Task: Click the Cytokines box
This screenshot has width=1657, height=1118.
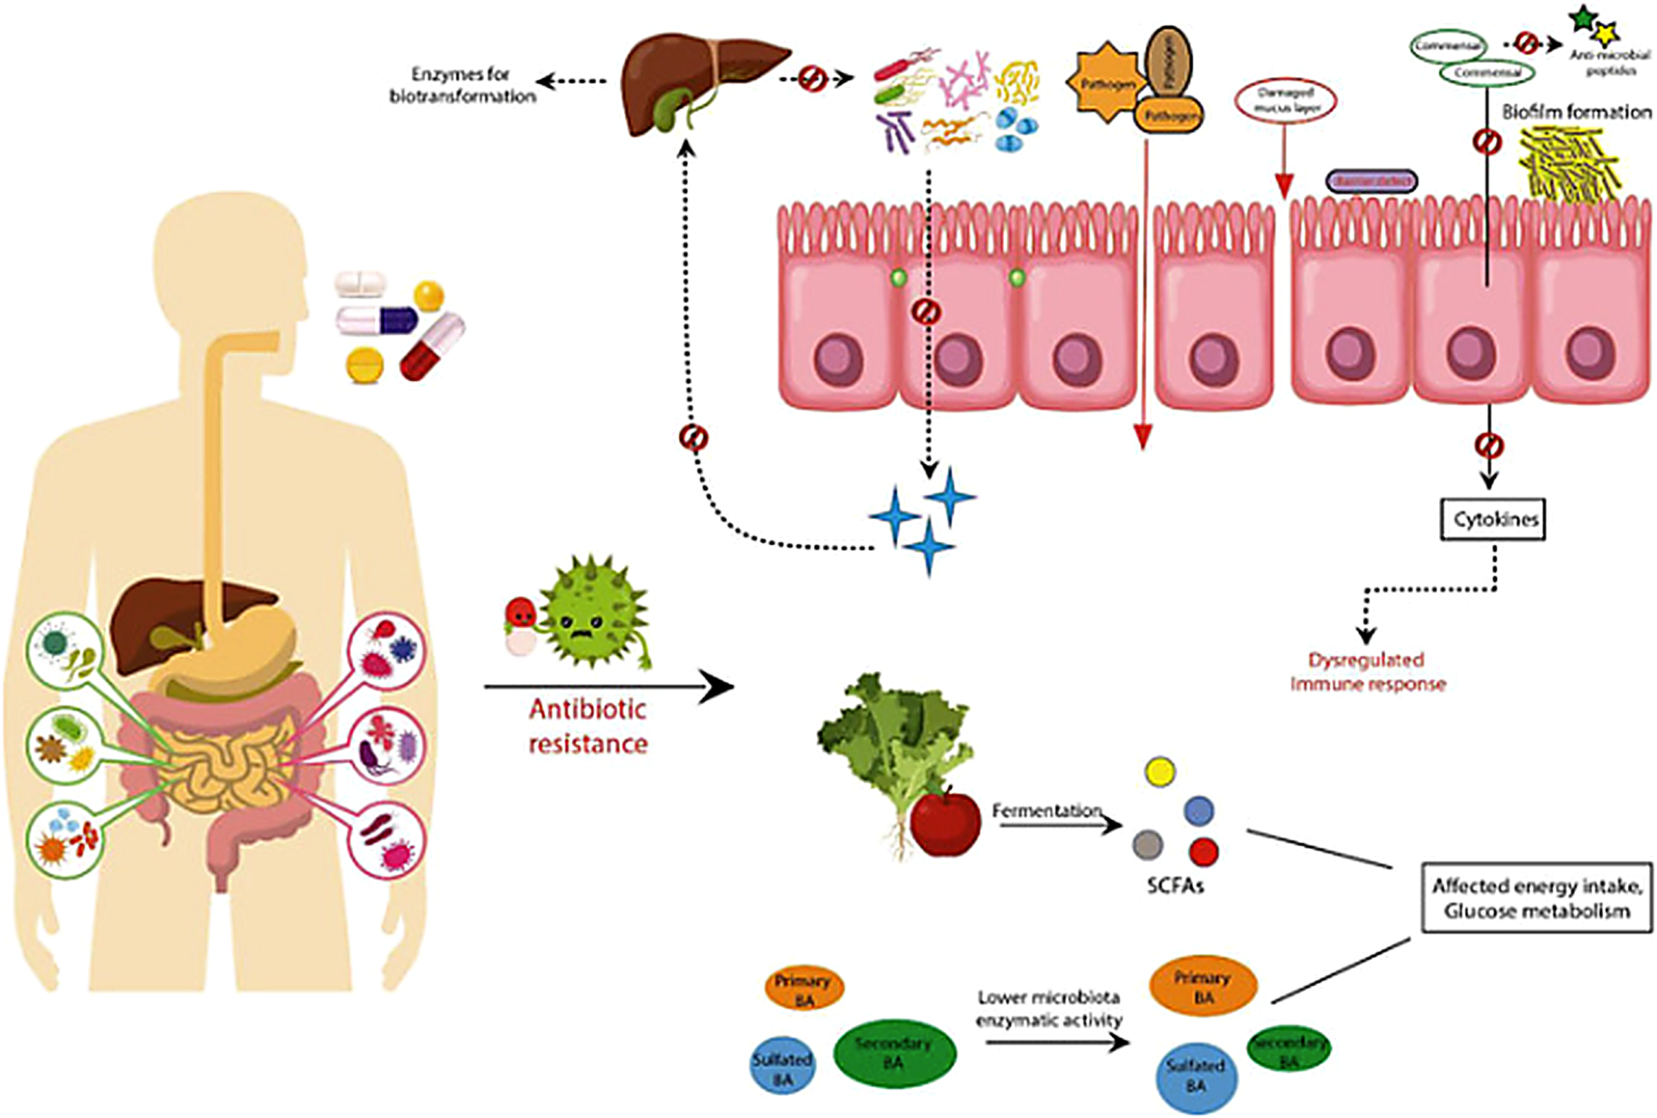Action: click(1492, 519)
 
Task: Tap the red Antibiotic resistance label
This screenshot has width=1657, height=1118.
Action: click(588, 726)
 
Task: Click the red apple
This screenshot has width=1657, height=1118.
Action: click(945, 824)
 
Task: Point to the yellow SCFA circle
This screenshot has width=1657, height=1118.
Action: click(1160, 772)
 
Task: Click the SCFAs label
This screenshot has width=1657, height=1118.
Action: click(1175, 886)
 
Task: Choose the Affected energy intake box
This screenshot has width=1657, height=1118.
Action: click(1536, 898)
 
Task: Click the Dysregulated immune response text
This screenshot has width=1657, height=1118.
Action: click(1368, 672)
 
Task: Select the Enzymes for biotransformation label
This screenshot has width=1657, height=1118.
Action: click(462, 85)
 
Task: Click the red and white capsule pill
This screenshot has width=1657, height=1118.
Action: click(432, 346)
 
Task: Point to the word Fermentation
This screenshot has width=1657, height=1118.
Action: click(1046, 811)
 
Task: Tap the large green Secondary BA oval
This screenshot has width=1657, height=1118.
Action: click(894, 1053)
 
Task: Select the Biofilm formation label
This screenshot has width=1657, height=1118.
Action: click(1577, 112)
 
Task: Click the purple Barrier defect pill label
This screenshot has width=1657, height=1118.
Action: click(1371, 182)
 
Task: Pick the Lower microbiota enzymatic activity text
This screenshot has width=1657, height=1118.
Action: click(1048, 1008)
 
